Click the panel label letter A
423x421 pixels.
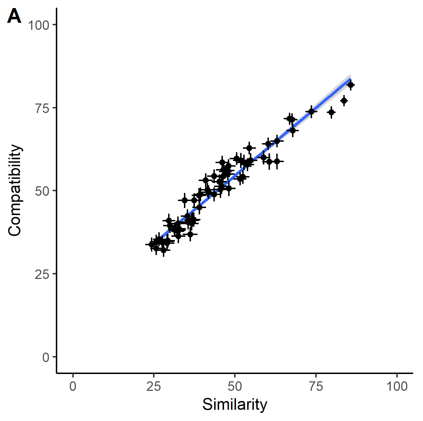[x=14, y=16]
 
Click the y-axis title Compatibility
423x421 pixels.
[x=15, y=190]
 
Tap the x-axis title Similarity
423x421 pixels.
[x=234, y=405]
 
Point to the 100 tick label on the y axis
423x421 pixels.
[x=38, y=25]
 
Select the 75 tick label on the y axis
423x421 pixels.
[x=42, y=108]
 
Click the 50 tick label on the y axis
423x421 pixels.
[x=42, y=191]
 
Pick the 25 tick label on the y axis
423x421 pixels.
[x=42, y=274]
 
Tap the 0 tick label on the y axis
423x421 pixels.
[x=46, y=357]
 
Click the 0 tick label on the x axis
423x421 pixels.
[x=73, y=387]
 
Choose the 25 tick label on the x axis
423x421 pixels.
[x=154, y=387]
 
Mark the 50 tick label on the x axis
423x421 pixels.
[x=235, y=387]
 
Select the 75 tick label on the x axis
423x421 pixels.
[x=316, y=387]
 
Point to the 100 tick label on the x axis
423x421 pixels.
[x=397, y=387]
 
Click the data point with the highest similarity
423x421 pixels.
[x=350, y=85]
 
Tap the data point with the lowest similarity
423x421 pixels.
[x=152, y=244]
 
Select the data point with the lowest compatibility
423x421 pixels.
[x=164, y=250]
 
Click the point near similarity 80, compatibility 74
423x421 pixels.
[x=331, y=112]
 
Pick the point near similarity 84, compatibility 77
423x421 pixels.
[x=344, y=101]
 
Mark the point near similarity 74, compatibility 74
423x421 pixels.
[x=311, y=112]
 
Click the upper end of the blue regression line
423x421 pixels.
[x=350, y=79]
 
